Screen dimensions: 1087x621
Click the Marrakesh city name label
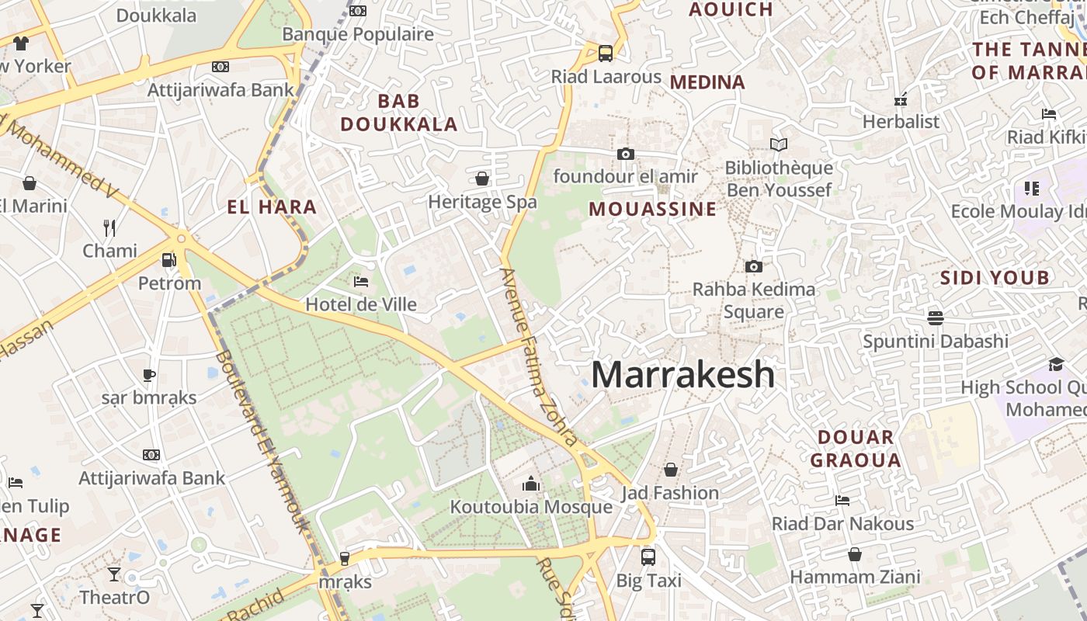pos(682,374)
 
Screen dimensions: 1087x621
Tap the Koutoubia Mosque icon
pos(531,484)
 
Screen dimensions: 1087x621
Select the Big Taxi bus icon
pos(648,557)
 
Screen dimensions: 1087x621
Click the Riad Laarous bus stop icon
pos(606,54)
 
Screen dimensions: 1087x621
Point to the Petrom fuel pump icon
pos(168,260)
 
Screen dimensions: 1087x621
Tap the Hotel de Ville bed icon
pos(361,281)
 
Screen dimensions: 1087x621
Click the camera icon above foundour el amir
pos(625,154)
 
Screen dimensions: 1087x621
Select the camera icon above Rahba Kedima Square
pos(753,266)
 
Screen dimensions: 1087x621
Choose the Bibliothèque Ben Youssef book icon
pos(778,144)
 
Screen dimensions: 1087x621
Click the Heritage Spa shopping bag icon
pos(482,179)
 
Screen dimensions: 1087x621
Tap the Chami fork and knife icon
pos(109,227)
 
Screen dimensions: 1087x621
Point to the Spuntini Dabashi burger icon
pos(936,317)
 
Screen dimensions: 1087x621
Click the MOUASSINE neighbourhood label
pos(652,209)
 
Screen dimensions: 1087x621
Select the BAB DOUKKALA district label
pos(398,113)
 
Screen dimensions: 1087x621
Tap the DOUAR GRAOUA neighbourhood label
pos(856,448)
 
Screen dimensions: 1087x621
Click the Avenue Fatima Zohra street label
pos(539,357)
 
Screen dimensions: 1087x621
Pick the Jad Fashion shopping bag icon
pos(671,470)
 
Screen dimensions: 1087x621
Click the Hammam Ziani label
pos(855,577)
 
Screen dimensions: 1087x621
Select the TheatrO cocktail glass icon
pos(114,574)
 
